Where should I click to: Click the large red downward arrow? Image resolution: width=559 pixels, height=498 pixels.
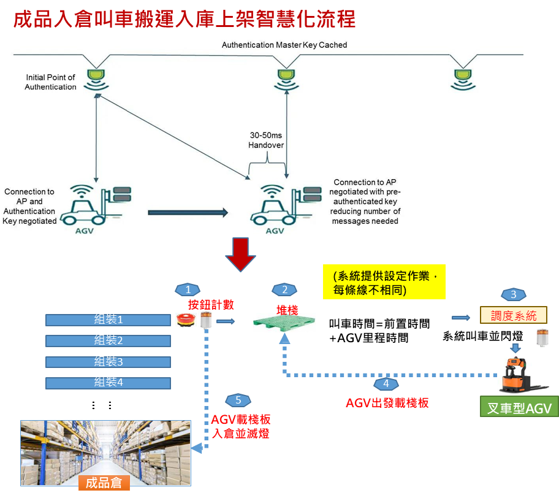(240, 255)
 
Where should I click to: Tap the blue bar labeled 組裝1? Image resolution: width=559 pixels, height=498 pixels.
(108, 320)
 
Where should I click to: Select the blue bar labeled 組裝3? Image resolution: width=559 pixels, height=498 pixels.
(108, 361)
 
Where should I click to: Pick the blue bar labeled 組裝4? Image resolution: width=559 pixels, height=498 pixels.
(108, 382)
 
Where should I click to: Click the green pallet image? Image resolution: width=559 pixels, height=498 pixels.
(284, 322)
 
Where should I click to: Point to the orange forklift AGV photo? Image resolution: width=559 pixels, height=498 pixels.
(523, 374)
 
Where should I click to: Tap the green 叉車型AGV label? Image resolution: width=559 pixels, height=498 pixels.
(519, 408)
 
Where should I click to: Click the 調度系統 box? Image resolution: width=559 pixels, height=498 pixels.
(513, 316)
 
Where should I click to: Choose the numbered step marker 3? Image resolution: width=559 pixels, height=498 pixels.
(513, 294)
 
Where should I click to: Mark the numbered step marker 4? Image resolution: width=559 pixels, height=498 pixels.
(386, 385)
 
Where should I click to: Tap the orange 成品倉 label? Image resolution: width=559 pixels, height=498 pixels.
(104, 483)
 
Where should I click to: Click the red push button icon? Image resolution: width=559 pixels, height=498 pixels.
(185, 320)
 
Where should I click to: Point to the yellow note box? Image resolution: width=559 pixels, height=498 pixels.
(384, 282)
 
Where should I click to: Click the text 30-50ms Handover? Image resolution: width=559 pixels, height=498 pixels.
(267, 140)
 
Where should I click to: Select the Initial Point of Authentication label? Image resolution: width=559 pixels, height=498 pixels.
(50, 82)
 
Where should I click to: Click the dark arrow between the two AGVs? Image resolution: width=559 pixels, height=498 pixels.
(188, 213)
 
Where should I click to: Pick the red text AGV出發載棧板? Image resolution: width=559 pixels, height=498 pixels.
(387, 403)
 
